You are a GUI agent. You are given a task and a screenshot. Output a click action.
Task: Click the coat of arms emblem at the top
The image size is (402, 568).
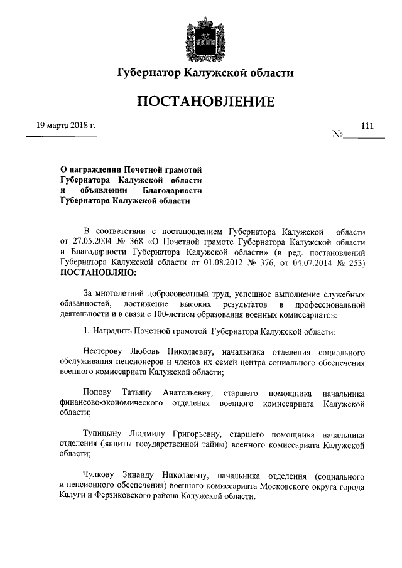(x=202, y=39)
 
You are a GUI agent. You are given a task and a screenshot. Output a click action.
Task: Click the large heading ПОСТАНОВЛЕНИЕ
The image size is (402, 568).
(x=202, y=101)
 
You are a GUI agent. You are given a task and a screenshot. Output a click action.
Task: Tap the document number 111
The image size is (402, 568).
(x=367, y=126)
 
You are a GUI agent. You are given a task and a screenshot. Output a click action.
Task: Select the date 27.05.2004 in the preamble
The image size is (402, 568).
(x=92, y=241)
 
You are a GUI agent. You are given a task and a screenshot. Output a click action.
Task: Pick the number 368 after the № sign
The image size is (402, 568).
(x=142, y=241)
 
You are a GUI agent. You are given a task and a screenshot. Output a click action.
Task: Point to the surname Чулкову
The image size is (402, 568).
(x=103, y=475)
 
